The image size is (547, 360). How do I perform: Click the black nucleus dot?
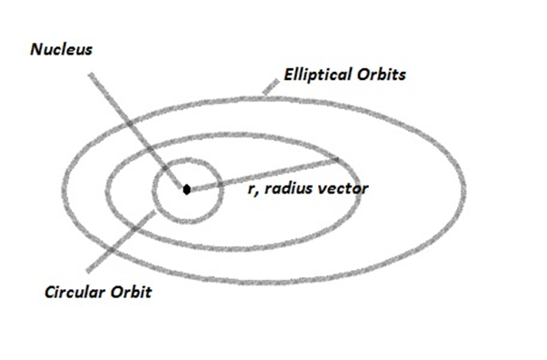point(186,190)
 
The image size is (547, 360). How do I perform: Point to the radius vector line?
point(264,174)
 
